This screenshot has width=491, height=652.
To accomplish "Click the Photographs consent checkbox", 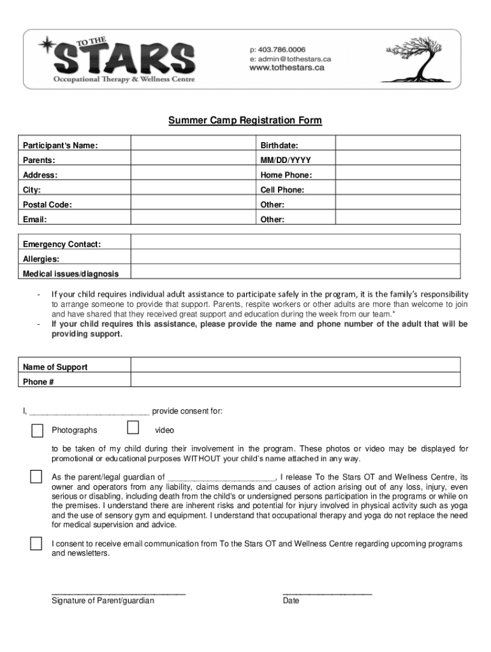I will pos(38,430).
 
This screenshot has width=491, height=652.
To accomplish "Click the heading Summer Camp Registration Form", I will pos(245,120).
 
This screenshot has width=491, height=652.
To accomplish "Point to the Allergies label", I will pos(41,259).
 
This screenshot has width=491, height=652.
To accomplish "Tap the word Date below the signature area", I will pos(291,600).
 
